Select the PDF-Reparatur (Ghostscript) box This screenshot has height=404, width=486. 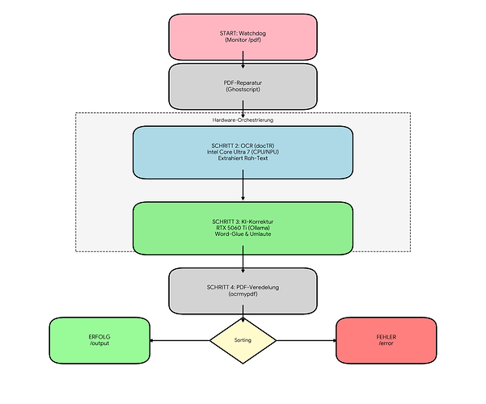tap(243, 86)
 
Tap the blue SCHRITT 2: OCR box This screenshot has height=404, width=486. tap(243, 152)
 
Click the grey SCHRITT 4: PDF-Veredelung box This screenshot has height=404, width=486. tap(243, 290)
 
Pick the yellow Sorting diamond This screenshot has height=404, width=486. tap(243, 340)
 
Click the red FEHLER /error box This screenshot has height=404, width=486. tap(386, 340)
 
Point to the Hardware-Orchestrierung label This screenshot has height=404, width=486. tap(243, 120)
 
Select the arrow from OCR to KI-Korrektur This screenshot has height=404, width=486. tap(243, 190)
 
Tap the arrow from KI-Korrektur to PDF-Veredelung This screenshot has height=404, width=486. tap(243, 259)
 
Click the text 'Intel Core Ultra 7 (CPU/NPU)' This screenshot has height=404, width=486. tap(243, 152)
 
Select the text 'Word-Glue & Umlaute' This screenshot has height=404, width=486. tap(243, 235)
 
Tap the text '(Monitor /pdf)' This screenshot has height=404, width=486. tap(243, 41)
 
